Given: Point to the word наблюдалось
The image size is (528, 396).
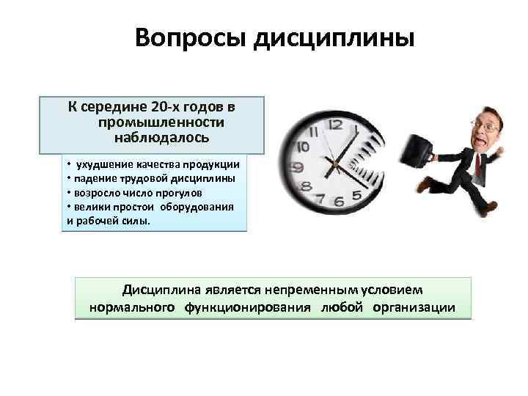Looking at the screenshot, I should tap(162, 136).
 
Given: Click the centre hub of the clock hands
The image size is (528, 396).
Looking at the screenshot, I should tap(339, 163).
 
